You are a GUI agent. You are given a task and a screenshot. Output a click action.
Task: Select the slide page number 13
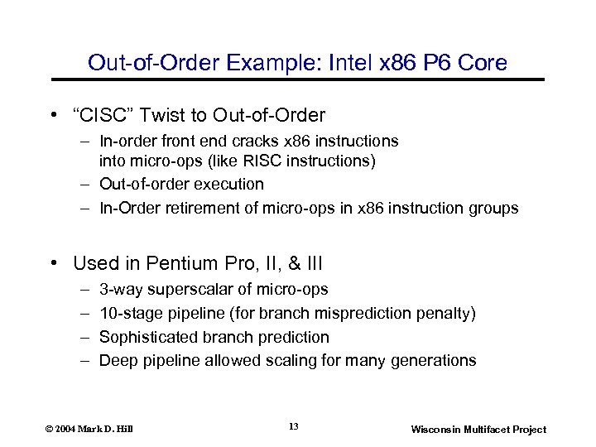click(294, 426)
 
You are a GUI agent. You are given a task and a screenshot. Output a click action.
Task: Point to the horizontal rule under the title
click(298, 79)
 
